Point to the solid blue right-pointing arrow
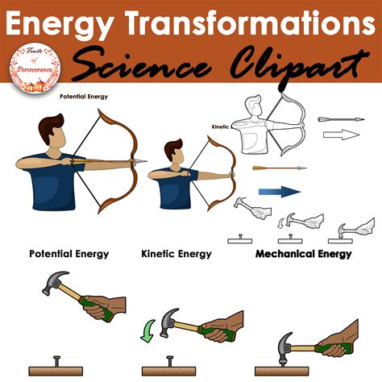click(x=279, y=191)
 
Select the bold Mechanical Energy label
click(x=303, y=254)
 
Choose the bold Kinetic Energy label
click(x=176, y=254)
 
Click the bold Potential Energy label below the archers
click(x=69, y=254)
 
